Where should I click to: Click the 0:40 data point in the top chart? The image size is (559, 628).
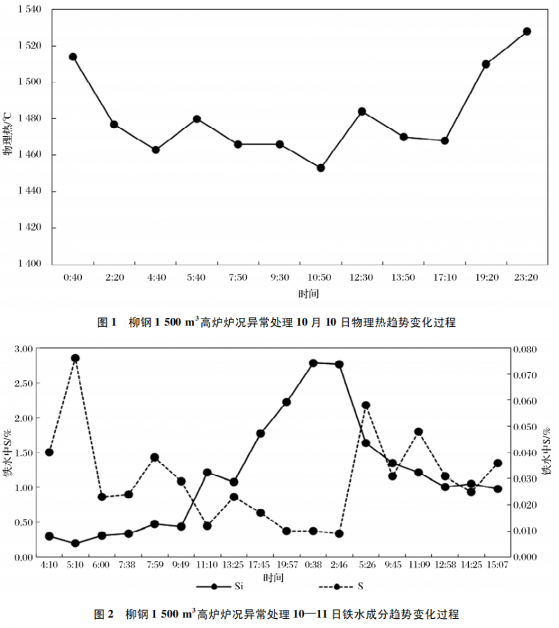click(73, 57)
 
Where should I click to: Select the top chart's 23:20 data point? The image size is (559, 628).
click(527, 31)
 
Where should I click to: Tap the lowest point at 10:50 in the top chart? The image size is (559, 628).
click(321, 168)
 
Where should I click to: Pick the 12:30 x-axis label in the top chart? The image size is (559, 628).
click(362, 278)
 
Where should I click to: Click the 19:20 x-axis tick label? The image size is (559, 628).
click(486, 278)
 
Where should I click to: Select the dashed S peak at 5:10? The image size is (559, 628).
click(75, 358)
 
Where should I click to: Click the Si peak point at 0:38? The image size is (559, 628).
click(313, 363)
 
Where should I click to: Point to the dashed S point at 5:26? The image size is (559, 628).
click(365, 405)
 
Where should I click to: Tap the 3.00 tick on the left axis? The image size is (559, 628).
click(24, 349)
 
